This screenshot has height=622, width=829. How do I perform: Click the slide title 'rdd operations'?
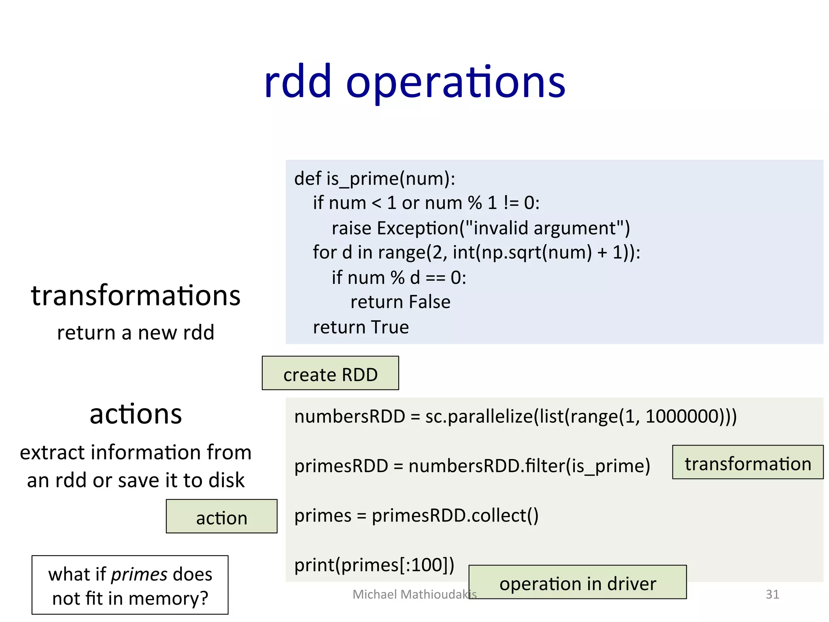pyautogui.click(x=414, y=83)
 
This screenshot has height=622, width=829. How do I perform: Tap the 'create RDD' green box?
pyautogui.click(x=330, y=373)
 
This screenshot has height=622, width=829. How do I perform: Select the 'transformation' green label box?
pyautogui.click(x=748, y=462)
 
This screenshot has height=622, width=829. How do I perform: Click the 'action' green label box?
pyautogui.click(x=221, y=517)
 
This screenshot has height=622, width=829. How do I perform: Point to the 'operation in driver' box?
pyautogui.click(x=578, y=582)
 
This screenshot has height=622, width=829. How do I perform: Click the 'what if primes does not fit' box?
pyautogui.click(x=130, y=585)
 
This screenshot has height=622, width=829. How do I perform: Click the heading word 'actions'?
pyautogui.click(x=136, y=414)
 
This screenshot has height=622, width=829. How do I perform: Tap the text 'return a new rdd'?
pyautogui.click(x=136, y=332)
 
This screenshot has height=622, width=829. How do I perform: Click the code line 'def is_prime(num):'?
pyautogui.click(x=374, y=179)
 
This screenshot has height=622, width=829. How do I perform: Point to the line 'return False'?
pyautogui.click(x=400, y=302)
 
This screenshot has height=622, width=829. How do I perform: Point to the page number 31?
pyautogui.click(x=772, y=594)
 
